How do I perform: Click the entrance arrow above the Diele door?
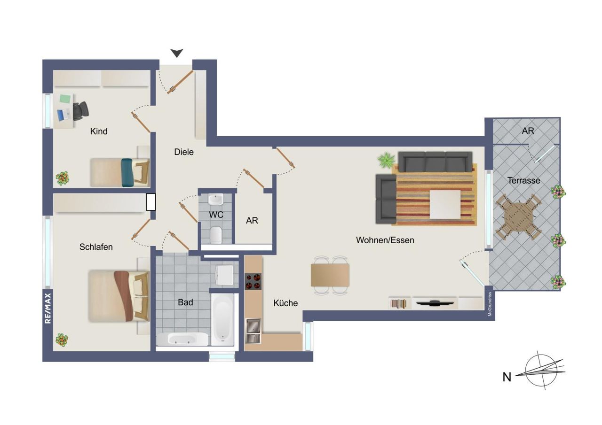pos(177,53)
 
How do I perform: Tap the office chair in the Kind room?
pos(81,110)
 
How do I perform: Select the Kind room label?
pos(99,131)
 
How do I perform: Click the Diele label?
pos(184,152)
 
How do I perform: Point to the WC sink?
pos(216,200)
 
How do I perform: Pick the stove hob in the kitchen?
pos(253,281)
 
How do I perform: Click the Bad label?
pos(185,302)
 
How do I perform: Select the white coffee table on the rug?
pos(445,204)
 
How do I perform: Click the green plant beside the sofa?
pos(386,160)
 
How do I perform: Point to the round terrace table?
pos(518,216)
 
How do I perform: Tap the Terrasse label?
pos(523,180)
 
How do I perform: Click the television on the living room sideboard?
pos(435,303)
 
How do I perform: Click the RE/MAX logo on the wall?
pos(48,308)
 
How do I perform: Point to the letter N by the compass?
pos(507,377)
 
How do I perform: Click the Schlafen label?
pos(96,247)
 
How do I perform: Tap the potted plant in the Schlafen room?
pos(62,340)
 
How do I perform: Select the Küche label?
pos(285,303)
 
